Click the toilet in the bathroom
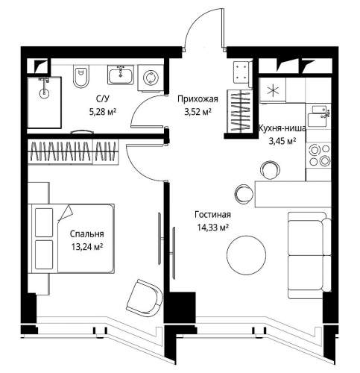81,76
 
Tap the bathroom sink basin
121,75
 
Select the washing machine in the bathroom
151,78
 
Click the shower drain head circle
44,93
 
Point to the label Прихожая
198,99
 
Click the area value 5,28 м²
103,112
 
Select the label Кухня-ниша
282,128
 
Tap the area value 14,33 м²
213,228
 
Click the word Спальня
87,234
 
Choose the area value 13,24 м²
87,247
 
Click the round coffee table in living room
246,254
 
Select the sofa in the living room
309,255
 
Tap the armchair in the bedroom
145,298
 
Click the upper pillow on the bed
44,222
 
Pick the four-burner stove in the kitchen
319,155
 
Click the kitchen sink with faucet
319,116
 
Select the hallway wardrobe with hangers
241,111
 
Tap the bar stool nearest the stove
271,169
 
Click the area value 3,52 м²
198,112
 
